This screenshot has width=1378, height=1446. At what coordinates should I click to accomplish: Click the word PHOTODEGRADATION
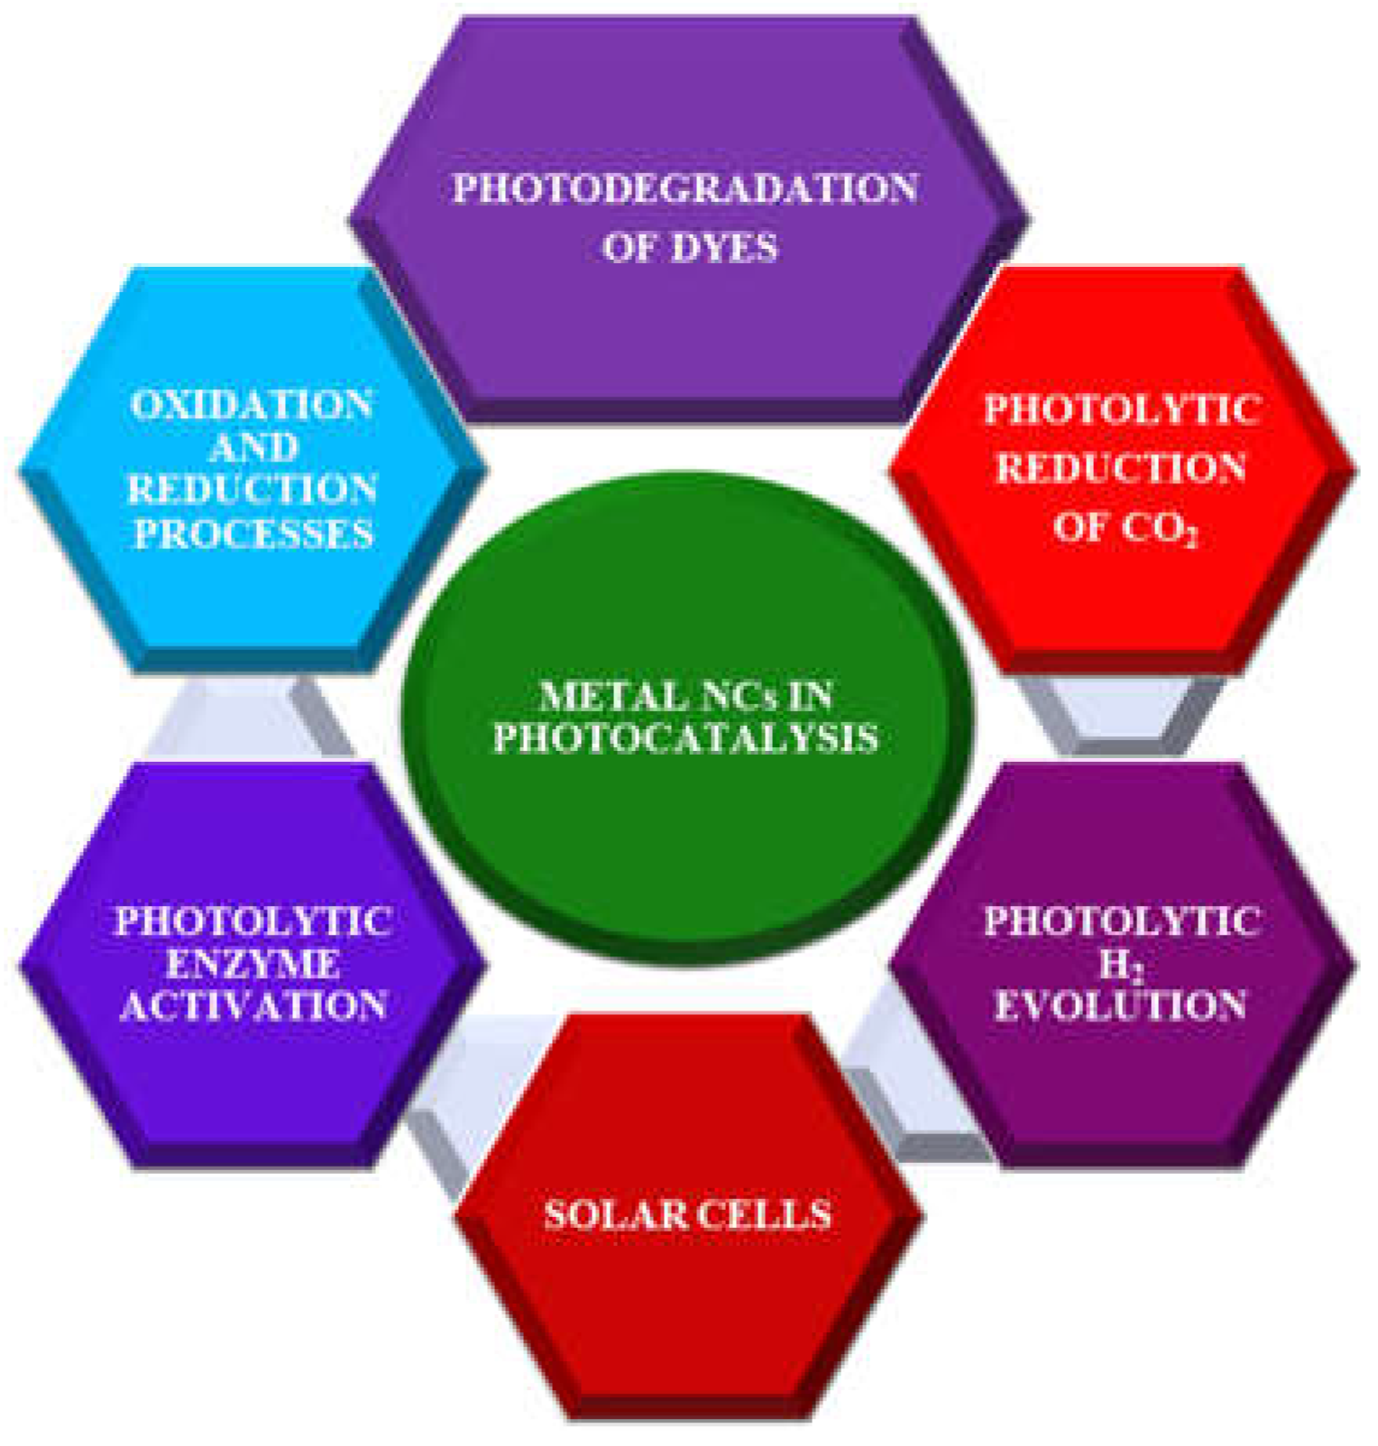(685, 188)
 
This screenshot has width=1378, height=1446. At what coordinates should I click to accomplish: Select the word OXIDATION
(252, 405)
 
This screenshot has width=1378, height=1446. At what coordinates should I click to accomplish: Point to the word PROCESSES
(253, 533)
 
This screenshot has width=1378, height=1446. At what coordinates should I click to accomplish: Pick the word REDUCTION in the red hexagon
(1121, 468)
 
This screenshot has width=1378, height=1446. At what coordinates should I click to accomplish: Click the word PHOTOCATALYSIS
(685, 738)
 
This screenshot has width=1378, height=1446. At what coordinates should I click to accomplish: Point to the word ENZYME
(253, 964)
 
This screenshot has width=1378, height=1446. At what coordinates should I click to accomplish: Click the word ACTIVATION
(253, 1005)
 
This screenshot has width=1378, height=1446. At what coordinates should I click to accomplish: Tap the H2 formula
(1121, 966)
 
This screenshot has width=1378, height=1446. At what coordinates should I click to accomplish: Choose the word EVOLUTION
(1121, 1005)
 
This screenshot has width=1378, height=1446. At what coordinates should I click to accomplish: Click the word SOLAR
(614, 1215)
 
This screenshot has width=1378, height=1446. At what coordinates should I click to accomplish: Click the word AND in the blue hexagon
(253, 447)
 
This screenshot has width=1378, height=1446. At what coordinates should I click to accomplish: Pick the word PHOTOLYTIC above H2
(1121, 921)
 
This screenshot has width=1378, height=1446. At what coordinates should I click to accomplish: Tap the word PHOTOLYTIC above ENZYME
(253, 921)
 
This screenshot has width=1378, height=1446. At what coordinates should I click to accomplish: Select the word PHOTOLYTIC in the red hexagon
(1121, 409)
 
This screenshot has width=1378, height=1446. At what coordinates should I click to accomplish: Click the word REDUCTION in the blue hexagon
(253, 490)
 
